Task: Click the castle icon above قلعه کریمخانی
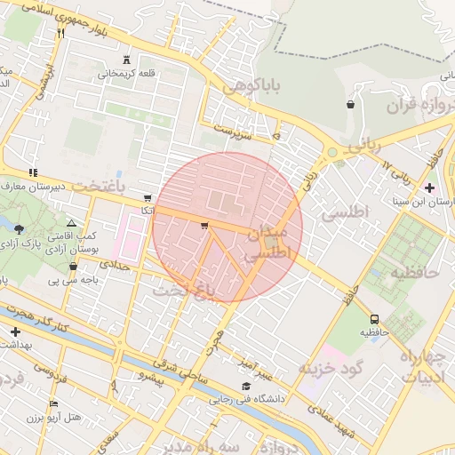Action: tap(125, 60)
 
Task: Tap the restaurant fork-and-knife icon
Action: tap(60, 33)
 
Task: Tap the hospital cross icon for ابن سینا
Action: tap(430, 188)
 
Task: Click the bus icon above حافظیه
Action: tap(374, 318)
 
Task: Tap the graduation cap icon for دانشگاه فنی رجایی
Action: tap(246, 386)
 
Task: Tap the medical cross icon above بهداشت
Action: tap(14, 331)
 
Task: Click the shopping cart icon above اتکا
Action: tap(147, 198)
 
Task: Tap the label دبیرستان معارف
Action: tap(36, 187)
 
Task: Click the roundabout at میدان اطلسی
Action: tap(269, 240)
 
